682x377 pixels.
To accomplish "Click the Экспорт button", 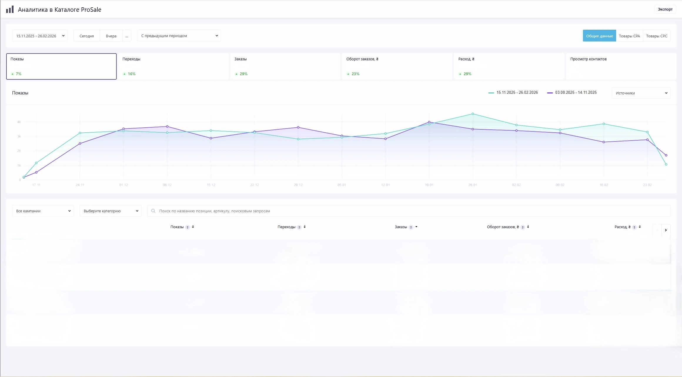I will tap(665, 9).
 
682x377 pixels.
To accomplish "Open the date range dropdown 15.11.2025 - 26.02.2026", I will tap(40, 36).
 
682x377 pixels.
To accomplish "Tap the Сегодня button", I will tap(87, 36).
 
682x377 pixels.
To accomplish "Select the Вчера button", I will tap(111, 36).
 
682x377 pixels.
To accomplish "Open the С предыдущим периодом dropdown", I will tap(179, 36).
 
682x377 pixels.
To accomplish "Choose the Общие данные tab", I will tap(599, 36).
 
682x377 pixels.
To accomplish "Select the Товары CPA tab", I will tap(629, 36).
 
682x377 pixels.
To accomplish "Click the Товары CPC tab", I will tap(657, 36).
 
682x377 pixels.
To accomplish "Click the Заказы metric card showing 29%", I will tap(285, 66).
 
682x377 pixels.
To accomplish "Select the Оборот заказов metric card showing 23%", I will tap(397, 66).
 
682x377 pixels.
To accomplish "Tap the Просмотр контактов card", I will tap(621, 66).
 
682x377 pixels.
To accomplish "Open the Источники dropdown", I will tap(641, 93).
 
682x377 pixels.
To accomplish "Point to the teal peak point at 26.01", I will tap(473, 114).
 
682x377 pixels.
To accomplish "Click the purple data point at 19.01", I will tap(429, 122).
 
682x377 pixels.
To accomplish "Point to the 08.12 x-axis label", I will tap(167, 185).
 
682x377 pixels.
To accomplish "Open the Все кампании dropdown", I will tap(43, 211).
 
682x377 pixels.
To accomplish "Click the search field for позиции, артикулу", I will tap(409, 211).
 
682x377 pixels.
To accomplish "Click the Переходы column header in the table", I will tap(287, 227).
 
